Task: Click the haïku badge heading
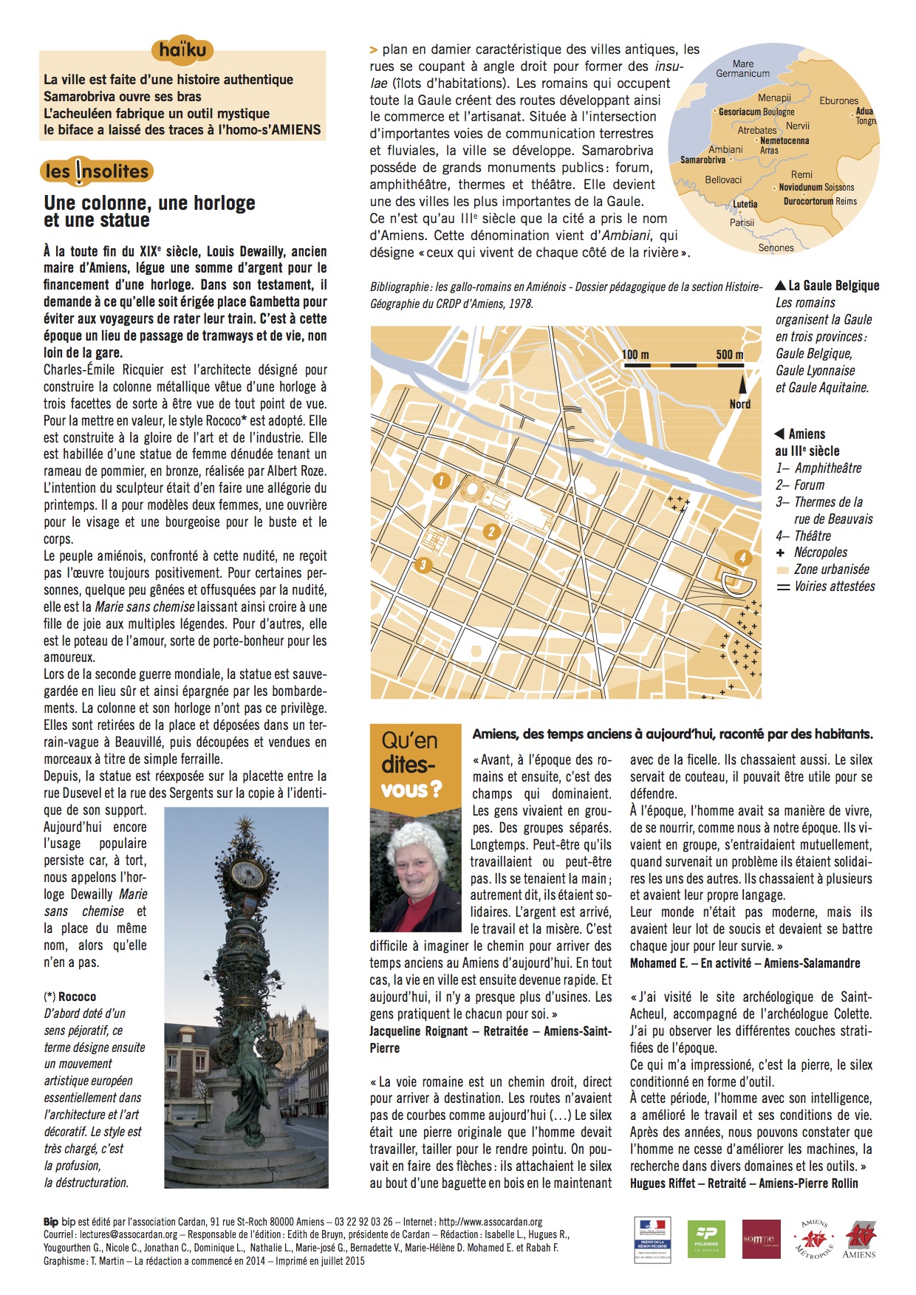click(182, 50)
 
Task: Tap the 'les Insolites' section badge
click(97, 171)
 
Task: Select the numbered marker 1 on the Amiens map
click(441, 481)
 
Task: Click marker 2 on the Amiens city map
click(491, 531)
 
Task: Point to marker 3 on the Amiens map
click(423, 566)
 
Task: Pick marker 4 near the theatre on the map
click(742, 558)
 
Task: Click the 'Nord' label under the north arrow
click(739, 404)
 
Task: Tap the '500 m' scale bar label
click(729, 355)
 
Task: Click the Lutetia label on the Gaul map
click(745, 204)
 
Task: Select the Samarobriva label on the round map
click(703, 160)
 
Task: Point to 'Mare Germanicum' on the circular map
click(742, 69)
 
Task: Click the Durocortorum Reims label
click(820, 201)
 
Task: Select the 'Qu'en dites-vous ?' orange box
click(410, 765)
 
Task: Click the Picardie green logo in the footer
click(706, 1239)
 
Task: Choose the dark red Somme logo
click(761, 1239)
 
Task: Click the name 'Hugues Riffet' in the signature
click(663, 1183)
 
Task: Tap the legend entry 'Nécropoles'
click(820, 552)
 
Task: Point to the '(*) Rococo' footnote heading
click(70, 997)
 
